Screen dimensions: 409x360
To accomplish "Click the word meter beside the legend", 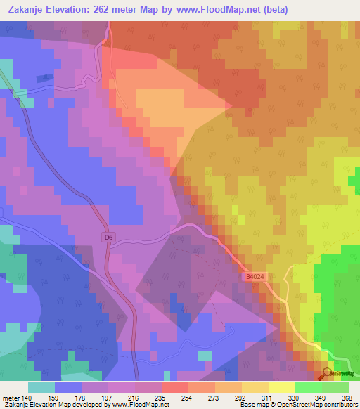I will click(x=11, y=397).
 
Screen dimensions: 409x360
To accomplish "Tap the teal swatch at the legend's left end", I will click(x=41, y=387).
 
